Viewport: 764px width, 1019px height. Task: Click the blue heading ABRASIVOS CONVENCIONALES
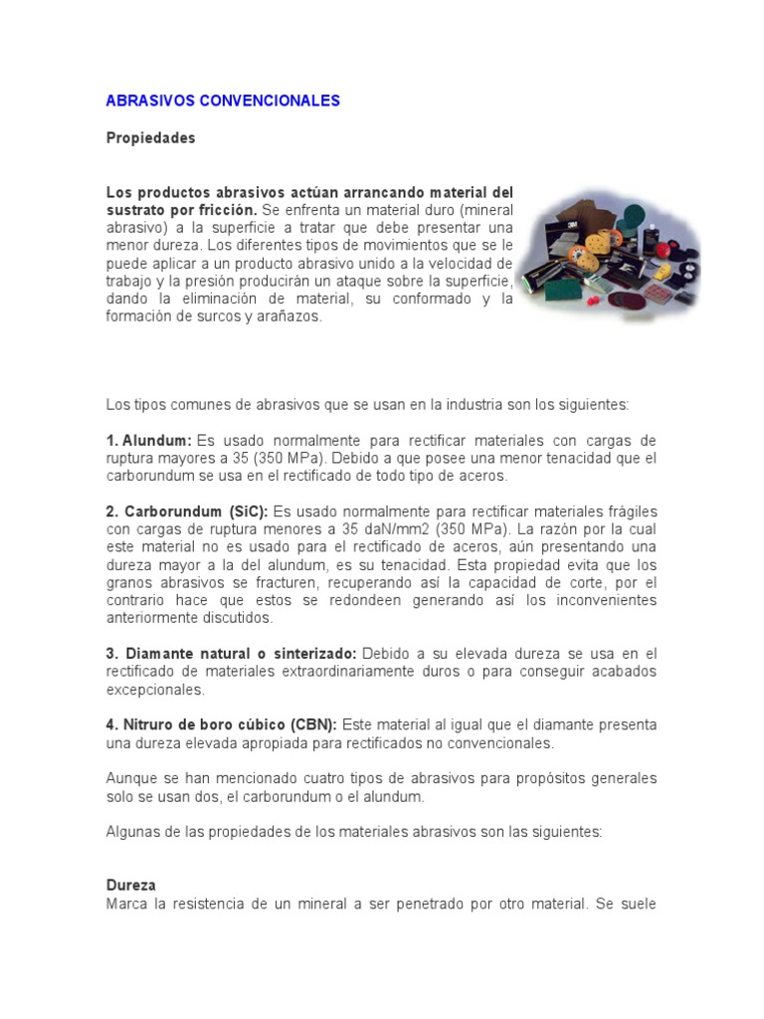coord(223,101)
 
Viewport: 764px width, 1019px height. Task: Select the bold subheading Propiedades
coord(150,138)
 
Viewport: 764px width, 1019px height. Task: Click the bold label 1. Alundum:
coord(148,440)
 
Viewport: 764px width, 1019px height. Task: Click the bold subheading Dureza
coord(131,884)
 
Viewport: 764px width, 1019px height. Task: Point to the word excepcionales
coord(155,690)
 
